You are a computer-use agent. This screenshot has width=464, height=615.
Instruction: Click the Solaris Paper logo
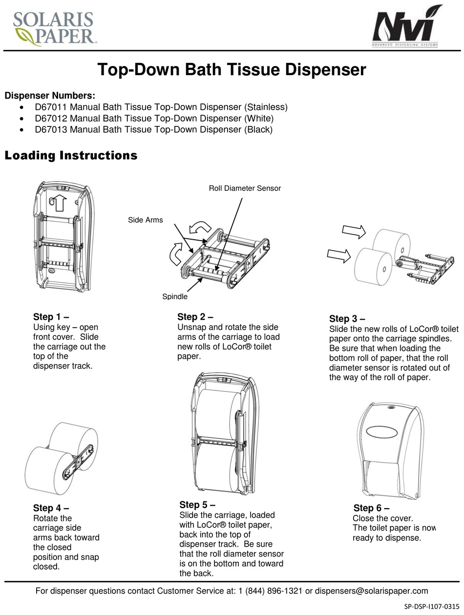[x=53, y=28]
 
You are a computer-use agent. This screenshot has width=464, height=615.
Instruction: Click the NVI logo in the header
[x=406, y=28]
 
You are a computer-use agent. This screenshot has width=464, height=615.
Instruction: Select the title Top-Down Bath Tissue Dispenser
[x=232, y=70]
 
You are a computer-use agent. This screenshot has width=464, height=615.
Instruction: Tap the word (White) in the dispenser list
[x=258, y=118]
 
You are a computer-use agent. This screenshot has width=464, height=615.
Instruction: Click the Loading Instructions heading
[x=71, y=156]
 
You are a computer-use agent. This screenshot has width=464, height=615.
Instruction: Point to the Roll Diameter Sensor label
[x=245, y=188]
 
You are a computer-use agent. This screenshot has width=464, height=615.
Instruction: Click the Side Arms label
[x=145, y=220]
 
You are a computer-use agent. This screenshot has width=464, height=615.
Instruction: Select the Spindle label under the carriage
[x=174, y=296]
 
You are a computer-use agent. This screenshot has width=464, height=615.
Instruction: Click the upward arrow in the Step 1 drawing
[x=60, y=201]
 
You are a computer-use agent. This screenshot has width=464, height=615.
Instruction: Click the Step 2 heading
[x=195, y=317]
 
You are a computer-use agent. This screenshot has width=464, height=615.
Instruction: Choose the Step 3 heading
[x=347, y=319]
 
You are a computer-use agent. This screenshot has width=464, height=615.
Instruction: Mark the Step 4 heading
[x=51, y=508]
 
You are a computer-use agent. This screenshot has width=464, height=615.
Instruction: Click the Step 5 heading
[x=197, y=505]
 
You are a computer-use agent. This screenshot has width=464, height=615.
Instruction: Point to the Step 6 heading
[x=371, y=508]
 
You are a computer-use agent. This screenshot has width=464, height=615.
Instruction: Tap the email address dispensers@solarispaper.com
[x=371, y=591]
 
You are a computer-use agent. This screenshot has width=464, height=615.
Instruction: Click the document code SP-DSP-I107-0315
[x=431, y=606]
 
